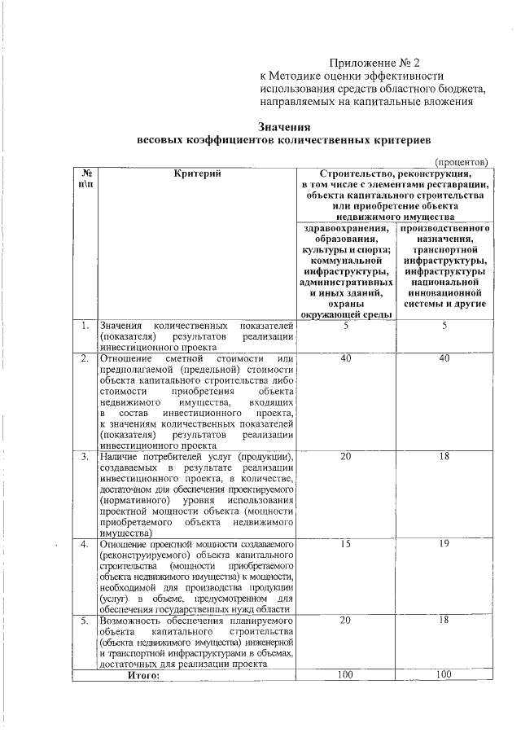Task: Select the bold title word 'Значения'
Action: [x=285, y=126]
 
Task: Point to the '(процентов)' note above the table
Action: [x=461, y=162]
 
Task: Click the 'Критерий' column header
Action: [x=197, y=173]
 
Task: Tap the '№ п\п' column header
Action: [x=85, y=178]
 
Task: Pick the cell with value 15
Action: [x=346, y=543]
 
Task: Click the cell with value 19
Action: [x=444, y=543]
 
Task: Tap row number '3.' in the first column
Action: [x=85, y=456]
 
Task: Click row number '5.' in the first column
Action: [x=85, y=621]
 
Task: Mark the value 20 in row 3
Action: [x=346, y=456]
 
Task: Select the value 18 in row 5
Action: [x=444, y=621]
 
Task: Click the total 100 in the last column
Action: [x=444, y=674]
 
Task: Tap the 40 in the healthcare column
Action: [x=346, y=358]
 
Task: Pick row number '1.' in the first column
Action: [x=85, y=326]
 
